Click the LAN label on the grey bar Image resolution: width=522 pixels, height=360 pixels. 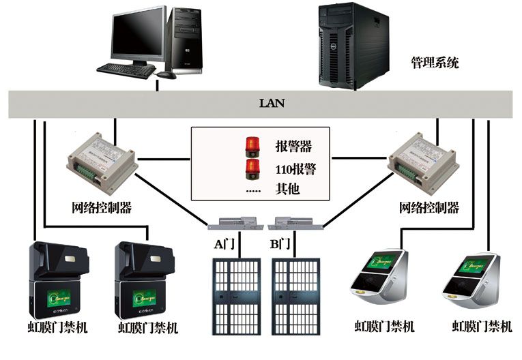point(272,104)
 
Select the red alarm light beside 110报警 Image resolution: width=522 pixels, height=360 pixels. point(252,168)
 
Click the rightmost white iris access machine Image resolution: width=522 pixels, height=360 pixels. point(470,280)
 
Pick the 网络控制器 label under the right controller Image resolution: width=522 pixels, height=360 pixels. point(429,207)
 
